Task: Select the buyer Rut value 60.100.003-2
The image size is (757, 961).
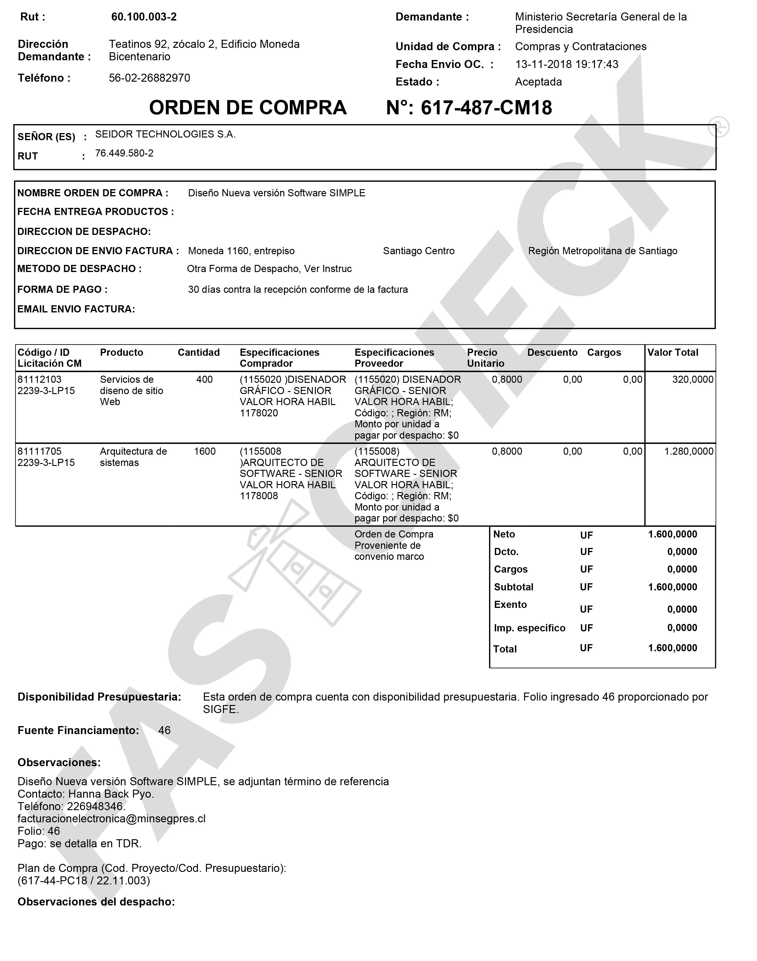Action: tap(144, 17)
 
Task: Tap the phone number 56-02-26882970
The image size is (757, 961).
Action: tap(149, 78)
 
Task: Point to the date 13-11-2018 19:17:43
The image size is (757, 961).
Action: tap(566, 64)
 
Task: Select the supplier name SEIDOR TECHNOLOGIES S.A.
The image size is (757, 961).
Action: tap(165, 134)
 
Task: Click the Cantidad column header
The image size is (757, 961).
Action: tap(199, 353)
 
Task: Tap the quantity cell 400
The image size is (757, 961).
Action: tap(204, 380)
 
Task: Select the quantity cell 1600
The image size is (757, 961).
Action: tap(204, 451)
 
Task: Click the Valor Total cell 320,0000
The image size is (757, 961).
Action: tap(693, 380)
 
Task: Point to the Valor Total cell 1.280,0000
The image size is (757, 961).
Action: tap(689, 451)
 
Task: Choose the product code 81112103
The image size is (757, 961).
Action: tap(39, 380)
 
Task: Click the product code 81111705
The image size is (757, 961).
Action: tap(39, 451)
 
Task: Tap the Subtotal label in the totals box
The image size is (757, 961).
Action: tap(514, 587)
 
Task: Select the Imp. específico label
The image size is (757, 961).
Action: tap(530, 628)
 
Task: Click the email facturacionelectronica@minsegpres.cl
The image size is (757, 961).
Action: tap(112, 819)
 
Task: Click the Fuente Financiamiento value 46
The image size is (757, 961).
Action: tap(164, 730)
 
